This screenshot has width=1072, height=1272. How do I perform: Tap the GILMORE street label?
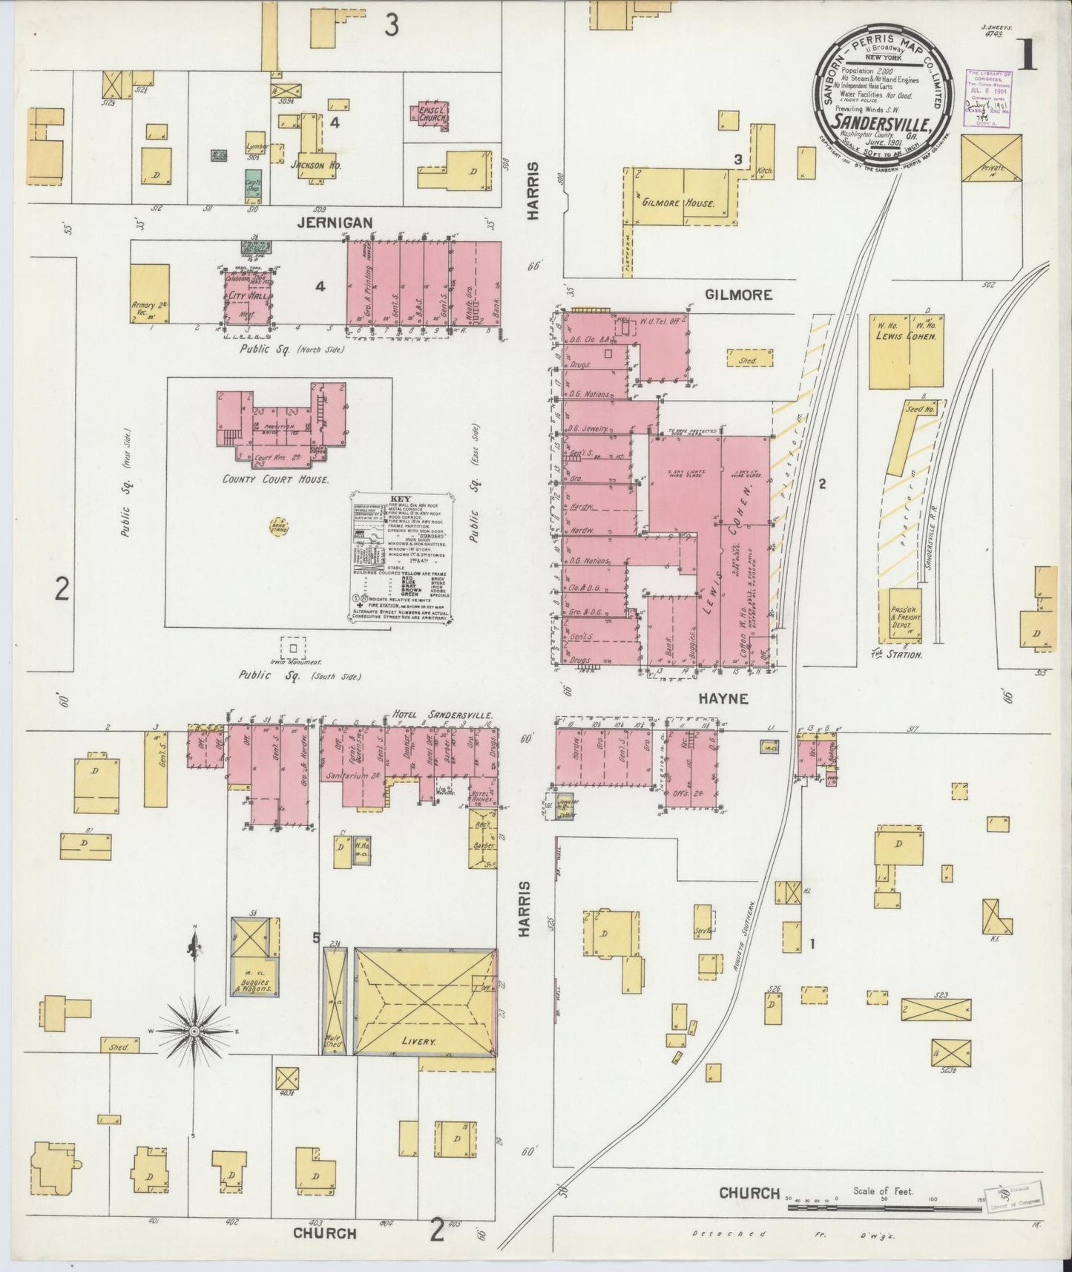(x=738, y=295)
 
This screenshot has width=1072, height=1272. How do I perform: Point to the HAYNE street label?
(x=721, y=698)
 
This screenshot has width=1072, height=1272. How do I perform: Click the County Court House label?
(x=276, y=480)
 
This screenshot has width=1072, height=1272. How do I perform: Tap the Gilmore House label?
(x=679, y=203)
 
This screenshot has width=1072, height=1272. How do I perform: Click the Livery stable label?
(x=418, y=1041)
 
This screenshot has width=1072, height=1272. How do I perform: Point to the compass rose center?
(x=194, y=1032)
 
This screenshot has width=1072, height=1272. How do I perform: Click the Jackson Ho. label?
(x=315, y=165)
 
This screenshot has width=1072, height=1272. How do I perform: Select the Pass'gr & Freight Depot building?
(x=899, y=615)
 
